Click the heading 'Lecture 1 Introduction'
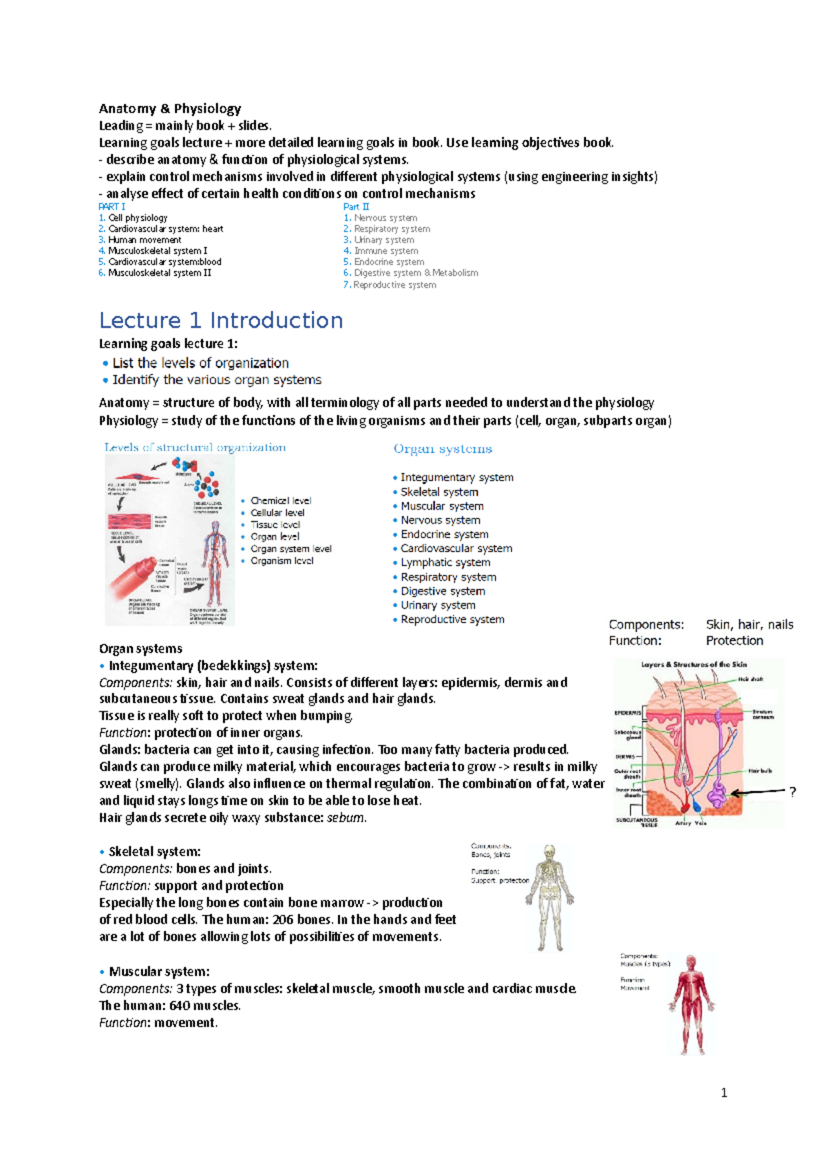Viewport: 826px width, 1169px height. [221, 321]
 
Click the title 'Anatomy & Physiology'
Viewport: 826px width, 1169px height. [170, 109]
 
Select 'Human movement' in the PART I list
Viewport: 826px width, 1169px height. [145, 240]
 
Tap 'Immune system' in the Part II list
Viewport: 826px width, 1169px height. [385, 251]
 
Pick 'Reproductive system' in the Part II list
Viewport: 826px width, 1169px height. [394, 285]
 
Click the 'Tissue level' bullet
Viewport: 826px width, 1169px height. [275, 525]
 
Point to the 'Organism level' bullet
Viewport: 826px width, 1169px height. [282, 561]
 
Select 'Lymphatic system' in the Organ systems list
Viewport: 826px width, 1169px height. [445, 562]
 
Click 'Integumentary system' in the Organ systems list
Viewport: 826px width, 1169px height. [456, 478]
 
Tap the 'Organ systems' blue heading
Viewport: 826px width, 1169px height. [443, 449]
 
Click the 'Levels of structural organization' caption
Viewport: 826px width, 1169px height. [195, 447]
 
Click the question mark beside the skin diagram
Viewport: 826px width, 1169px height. [793, 792]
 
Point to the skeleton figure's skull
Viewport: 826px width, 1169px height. [549, 852]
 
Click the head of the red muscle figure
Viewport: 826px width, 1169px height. [691, 962]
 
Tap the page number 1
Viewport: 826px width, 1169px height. [723, 1093]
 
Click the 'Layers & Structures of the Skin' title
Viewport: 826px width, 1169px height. [694, 665]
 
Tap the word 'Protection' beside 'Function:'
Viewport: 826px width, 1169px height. [734, 641]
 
